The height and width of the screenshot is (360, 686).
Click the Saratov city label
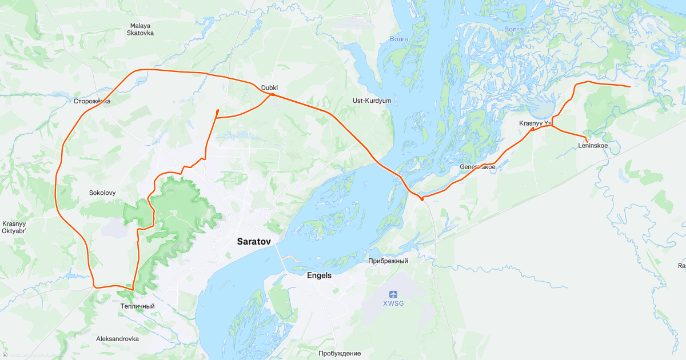point(253,242)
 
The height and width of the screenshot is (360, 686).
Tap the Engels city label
point(319,275)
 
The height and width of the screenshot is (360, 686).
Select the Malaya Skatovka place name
point(141,29)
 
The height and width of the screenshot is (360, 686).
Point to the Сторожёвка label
point(92,101)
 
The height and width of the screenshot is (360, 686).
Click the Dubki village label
point(269,87)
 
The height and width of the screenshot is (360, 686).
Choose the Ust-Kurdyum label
point(372,101)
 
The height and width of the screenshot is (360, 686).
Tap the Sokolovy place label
point(102,193)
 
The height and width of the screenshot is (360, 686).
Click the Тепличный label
point(137,306)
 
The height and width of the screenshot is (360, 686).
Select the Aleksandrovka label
point(117,339)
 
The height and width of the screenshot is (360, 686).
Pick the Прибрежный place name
point(388,261)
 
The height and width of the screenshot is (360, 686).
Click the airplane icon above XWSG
point(393,294)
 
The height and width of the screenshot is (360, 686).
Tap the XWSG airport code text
point(393,303)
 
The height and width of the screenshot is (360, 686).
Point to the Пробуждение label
point(340,353)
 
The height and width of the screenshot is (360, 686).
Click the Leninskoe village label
point(593,146)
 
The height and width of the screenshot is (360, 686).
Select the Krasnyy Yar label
point(535,123)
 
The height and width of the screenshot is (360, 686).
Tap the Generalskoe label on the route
point(477,167)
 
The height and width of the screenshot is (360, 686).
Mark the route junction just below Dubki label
point(272,94)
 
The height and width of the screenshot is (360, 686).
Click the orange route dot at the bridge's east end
point(422,199)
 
